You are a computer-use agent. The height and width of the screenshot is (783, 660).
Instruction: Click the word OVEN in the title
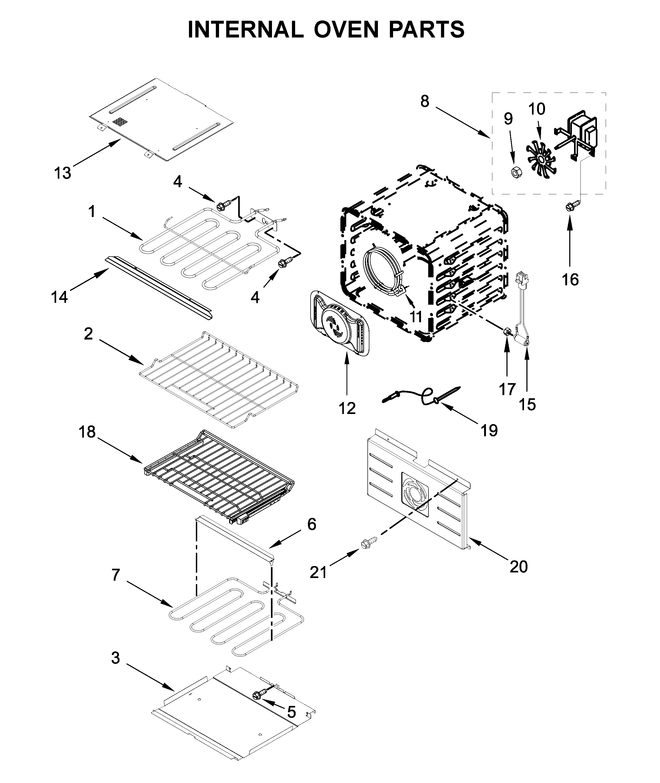click(347, 30)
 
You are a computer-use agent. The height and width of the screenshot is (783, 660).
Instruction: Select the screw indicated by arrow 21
click(368, 542)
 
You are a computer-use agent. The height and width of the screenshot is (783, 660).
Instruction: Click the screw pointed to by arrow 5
click(259, 694)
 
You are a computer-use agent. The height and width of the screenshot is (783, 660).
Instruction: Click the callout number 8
click(425, 101)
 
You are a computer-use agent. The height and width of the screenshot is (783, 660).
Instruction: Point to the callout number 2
click(88, 334)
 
